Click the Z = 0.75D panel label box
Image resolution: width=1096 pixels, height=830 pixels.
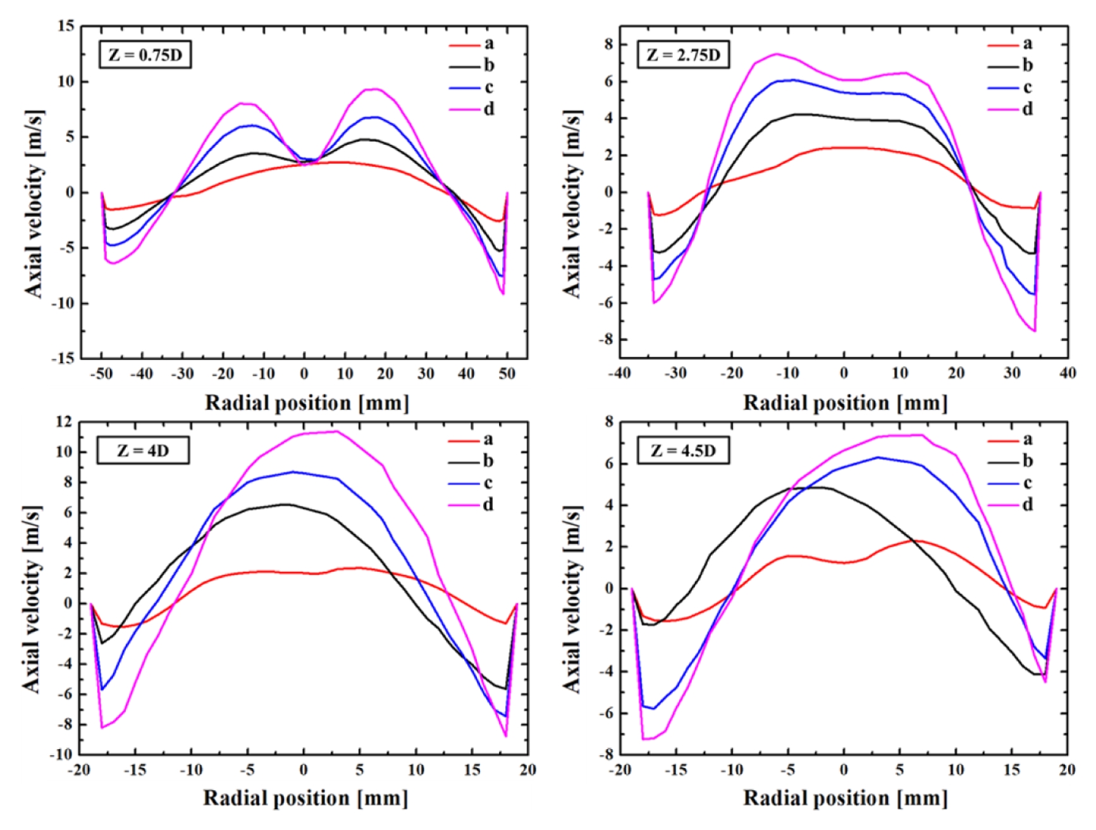(x=145, y=55)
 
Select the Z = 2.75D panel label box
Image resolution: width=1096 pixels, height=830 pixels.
(x=683, y=55)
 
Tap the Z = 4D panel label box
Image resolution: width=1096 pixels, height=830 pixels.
(x=143, y=450)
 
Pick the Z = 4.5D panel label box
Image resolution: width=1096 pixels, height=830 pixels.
(x=683, y=450)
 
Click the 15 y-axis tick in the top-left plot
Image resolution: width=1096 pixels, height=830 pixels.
(x=66, y=26)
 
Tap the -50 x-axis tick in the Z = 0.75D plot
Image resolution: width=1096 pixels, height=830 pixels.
(x=101, y=374)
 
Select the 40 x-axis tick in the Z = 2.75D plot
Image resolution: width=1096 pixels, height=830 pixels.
(x=1068, y=373)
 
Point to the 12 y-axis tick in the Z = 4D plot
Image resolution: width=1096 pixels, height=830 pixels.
(x=64, y=421)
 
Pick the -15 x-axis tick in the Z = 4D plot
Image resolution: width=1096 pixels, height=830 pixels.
(x=135, y=769)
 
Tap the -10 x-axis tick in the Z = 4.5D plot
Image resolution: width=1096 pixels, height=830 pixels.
(x=732, y=769)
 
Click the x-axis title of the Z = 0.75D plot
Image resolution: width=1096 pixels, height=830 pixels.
(x=307, y=403)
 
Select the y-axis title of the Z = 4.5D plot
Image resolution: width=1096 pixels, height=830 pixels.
(x=572, y=598)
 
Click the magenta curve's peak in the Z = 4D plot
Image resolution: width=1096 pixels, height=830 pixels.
(x=336, y=431)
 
